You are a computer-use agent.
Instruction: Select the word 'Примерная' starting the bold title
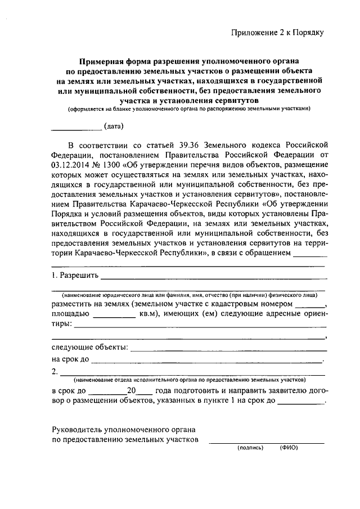[99, 59]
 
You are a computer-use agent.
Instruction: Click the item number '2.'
[55, 371]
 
